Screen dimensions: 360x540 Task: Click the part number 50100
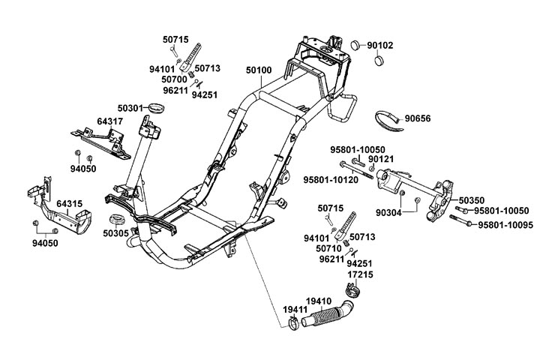[259, 70]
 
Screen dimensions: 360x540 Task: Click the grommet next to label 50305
[118, 220]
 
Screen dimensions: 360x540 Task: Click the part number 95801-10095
[503, 224]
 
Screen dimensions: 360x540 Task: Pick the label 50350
[472, 201]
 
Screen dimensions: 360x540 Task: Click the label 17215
[359, 274]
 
